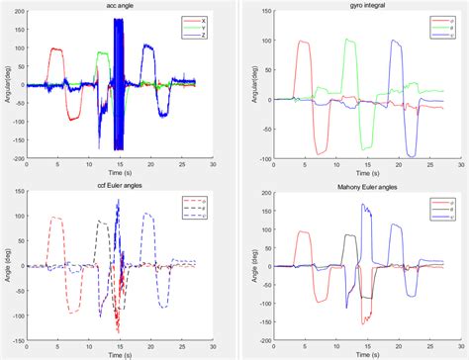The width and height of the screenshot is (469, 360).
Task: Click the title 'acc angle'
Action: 118,7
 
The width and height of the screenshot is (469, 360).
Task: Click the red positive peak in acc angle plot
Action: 54,49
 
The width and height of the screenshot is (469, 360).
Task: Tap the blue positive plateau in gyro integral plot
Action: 396,43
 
